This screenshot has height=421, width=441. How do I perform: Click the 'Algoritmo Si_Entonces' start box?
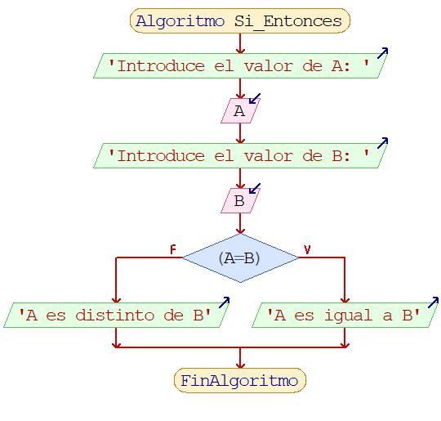[240, 20]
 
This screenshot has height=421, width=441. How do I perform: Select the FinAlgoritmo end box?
[240, 380]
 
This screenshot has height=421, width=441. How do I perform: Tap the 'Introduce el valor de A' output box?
[240, 65]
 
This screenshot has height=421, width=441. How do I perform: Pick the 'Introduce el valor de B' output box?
[240, 155]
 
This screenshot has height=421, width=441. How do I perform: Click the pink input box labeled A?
[240, 110]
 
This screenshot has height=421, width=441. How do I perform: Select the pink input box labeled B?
[240, 201]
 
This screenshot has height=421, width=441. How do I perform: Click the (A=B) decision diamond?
[240, 258]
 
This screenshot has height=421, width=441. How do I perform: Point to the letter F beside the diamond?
[172, 249]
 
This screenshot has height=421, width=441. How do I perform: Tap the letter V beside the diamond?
[307, 249]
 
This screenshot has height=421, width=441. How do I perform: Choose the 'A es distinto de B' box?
[116, 315]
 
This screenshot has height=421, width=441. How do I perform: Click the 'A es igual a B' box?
[345, 315]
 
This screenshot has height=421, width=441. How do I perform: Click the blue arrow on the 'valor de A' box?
[382, 53]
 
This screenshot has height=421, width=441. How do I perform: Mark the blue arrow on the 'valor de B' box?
[382, 143]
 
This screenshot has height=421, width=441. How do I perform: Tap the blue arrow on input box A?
[255, 99]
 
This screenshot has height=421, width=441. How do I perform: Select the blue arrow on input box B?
[255, 189]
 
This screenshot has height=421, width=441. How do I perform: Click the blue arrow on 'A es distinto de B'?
[224, 302]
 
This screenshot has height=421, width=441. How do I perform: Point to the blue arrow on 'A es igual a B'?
[433, 302]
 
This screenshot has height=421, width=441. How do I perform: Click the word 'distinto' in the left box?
[115, 315]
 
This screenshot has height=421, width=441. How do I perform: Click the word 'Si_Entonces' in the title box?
[288, 21]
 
